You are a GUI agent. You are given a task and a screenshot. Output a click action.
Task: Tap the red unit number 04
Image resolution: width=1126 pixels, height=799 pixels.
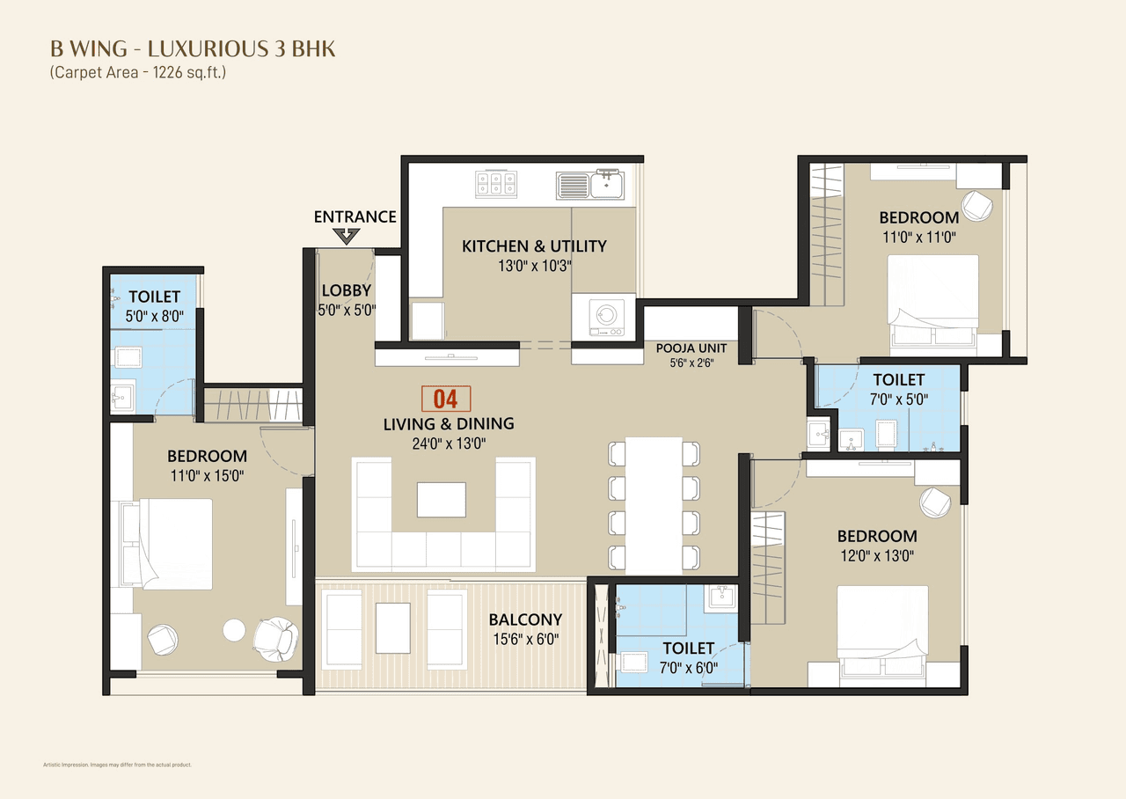click(x=446, y=399)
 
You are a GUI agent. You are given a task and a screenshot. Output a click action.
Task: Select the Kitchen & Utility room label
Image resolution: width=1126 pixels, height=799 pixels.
click(x=534, y=246)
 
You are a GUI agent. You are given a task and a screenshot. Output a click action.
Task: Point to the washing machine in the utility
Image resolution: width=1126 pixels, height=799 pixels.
click(x=603, y=313)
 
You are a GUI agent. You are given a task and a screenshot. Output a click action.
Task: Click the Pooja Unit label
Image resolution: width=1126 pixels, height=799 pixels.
click(x=690, y=348)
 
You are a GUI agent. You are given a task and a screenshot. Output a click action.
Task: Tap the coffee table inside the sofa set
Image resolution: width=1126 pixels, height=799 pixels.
click(x=442, y=499)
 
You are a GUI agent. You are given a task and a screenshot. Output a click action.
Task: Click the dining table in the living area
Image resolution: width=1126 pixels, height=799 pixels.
click(x=655, y=505)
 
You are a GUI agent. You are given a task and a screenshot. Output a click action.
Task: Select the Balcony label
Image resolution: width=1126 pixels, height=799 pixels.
click(x=525, y=619)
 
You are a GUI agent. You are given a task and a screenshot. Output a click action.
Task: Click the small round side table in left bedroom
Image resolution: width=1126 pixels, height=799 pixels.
click(x=234, y=630)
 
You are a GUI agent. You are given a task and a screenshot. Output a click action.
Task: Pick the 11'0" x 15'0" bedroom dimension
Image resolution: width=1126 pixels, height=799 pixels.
click(x=207, y=476)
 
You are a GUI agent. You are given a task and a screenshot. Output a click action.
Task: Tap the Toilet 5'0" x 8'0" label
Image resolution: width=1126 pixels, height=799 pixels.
click(x=154, y=297)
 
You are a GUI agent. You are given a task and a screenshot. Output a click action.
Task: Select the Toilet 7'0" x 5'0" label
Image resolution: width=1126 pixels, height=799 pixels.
click(x=898, y=380)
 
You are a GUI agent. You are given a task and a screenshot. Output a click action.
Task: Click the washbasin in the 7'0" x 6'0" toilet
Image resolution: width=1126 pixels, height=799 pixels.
click(x=723, y=597)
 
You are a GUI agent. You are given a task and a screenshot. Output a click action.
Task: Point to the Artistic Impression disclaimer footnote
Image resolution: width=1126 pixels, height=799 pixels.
click(x=117, y=765)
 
